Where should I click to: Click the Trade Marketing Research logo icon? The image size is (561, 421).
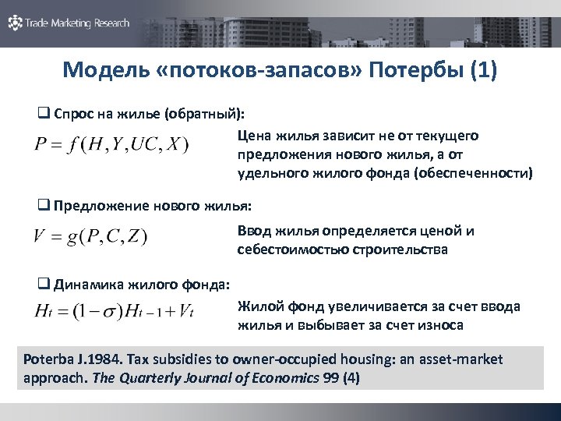(x=15, y=23)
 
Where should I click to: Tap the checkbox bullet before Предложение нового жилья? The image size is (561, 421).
(x=44, y=206)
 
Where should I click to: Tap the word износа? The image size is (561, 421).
(x=443, y=325)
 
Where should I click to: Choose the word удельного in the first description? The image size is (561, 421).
(x=269, y=173)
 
